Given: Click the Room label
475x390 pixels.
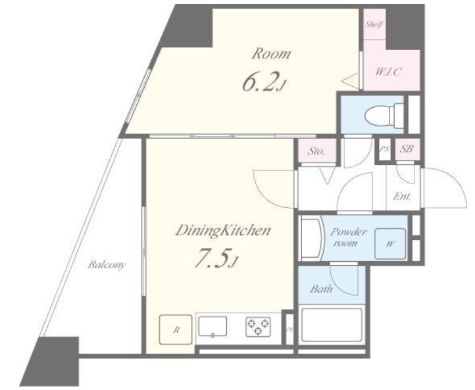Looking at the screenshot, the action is point(271,54).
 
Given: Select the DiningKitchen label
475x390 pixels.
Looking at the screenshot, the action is point(223,232).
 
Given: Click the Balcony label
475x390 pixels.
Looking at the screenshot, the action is point(107,265).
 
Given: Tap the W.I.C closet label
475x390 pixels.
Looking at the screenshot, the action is point(389,72).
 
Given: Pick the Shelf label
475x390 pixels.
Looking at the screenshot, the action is point(374,24).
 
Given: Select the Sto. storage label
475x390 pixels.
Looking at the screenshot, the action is point(316,151).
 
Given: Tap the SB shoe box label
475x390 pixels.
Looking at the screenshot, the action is point(407,149).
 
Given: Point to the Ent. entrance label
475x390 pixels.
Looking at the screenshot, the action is point(402,197).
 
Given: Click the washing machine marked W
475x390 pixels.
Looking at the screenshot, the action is point(390,244).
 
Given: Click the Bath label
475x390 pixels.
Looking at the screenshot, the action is point(321,289).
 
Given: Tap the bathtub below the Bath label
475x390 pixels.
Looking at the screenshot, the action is point(332,326).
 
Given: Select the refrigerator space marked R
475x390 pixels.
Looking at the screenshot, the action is point(176,329).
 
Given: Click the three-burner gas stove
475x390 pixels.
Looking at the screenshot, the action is point(258,326).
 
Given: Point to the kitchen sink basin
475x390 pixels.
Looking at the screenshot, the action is point(213,326).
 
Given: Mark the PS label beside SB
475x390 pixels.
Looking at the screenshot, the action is point(384,149).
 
